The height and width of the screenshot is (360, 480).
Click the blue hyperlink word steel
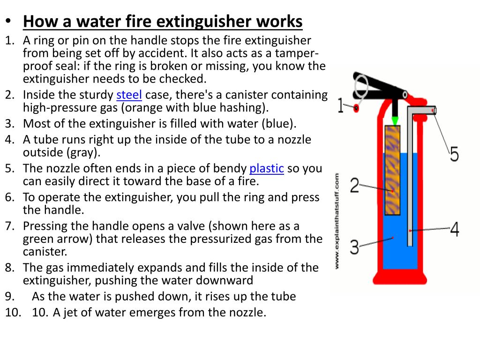(129, 95)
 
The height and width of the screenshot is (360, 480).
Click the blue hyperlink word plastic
(267, 169)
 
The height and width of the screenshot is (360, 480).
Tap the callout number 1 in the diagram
(341, 107)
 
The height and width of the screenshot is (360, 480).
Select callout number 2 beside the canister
(354, 186)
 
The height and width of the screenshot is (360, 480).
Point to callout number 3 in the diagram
(355, 245)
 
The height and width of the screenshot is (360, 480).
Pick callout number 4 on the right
(454, 229)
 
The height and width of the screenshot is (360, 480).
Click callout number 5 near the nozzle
(454, 154)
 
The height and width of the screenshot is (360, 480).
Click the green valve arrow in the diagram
(395, 120)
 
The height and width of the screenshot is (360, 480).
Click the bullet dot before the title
(8, 22)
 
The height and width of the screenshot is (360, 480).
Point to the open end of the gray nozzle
(435, 110)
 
